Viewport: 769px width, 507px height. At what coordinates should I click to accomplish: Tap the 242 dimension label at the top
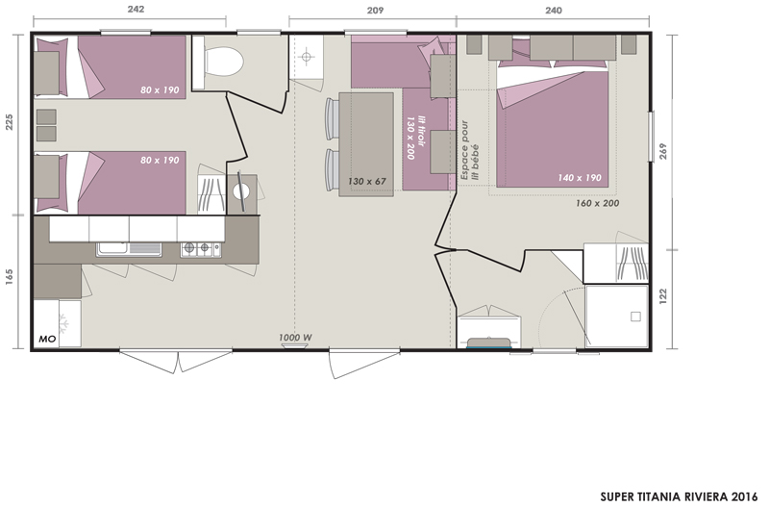136,10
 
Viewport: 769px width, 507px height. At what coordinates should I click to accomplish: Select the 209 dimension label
375,11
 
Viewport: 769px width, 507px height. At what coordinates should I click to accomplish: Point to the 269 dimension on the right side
663,152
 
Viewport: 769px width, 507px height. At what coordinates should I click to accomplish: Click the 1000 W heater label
295,338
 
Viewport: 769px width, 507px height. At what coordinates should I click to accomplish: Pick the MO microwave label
47,340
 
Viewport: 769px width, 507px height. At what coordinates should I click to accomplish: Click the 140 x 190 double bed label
580,178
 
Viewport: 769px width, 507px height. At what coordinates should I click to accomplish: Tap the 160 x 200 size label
597,203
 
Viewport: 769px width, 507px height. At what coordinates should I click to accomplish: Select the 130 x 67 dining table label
367,182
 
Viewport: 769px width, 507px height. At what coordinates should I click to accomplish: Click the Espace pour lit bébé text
469,151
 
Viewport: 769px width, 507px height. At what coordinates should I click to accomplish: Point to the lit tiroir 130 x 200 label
415,138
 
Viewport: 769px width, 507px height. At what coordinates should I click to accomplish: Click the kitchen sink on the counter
129,249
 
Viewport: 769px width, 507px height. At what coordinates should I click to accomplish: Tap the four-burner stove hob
201,249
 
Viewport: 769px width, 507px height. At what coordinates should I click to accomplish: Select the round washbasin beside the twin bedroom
241,191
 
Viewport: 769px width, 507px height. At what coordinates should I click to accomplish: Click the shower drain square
635,317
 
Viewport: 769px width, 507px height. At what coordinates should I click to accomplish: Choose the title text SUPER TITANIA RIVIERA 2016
680,496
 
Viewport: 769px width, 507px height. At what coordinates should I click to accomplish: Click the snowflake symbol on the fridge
63,324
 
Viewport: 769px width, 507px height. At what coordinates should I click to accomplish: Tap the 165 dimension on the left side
10,277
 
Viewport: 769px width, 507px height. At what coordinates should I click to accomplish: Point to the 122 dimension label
663,296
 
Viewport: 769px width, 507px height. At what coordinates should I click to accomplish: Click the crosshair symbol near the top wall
306,57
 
